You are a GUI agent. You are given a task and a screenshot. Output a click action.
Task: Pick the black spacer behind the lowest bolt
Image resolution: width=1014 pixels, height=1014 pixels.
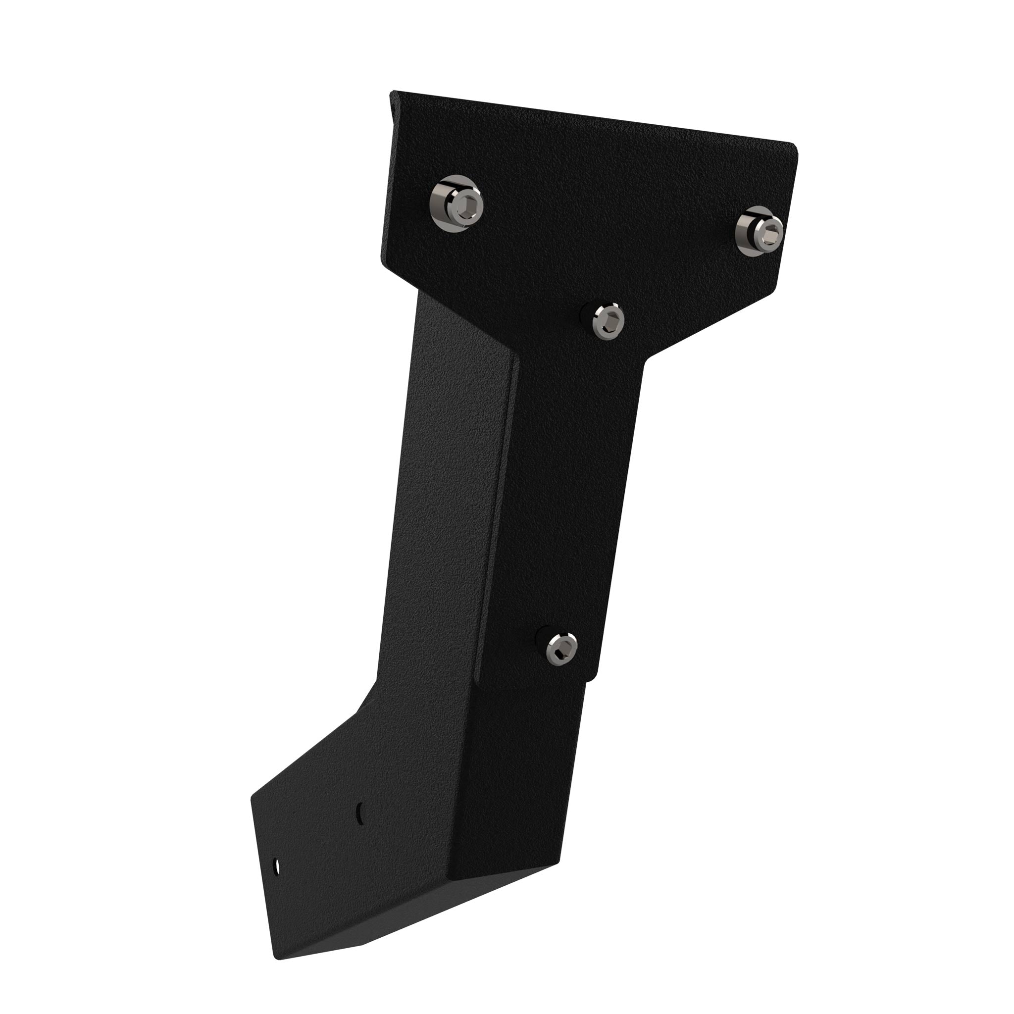point(541,639)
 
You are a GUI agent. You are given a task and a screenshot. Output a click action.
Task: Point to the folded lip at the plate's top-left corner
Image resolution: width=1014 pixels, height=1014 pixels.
point(393,100)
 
